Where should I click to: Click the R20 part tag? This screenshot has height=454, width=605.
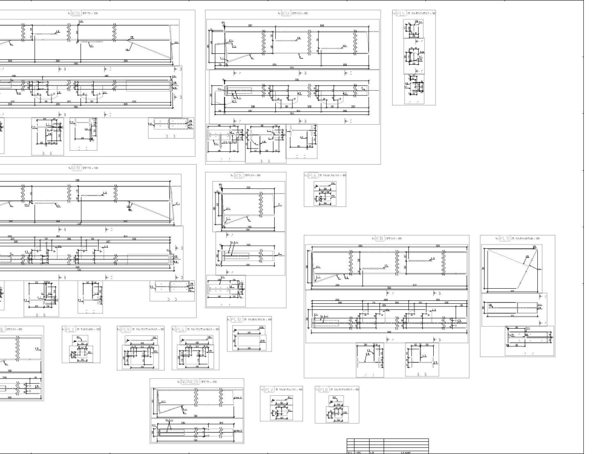point(76,13)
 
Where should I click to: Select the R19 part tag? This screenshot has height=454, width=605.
point(76,168)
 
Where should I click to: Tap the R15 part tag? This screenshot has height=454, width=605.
point(238,176)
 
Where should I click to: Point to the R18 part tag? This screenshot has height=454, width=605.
point(379,239)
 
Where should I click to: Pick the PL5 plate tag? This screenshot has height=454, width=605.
point(402,13)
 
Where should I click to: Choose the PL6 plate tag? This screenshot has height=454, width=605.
point(313,176)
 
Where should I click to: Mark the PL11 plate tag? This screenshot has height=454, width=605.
point(505,239)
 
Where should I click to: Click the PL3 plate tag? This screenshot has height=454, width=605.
point(126,329)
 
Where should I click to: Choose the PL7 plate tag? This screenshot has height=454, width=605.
point(269,389)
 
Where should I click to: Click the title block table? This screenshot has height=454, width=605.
point(387,446)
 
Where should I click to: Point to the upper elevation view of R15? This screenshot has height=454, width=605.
point(249,209)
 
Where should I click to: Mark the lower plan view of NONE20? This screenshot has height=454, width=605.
point(197,432)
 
